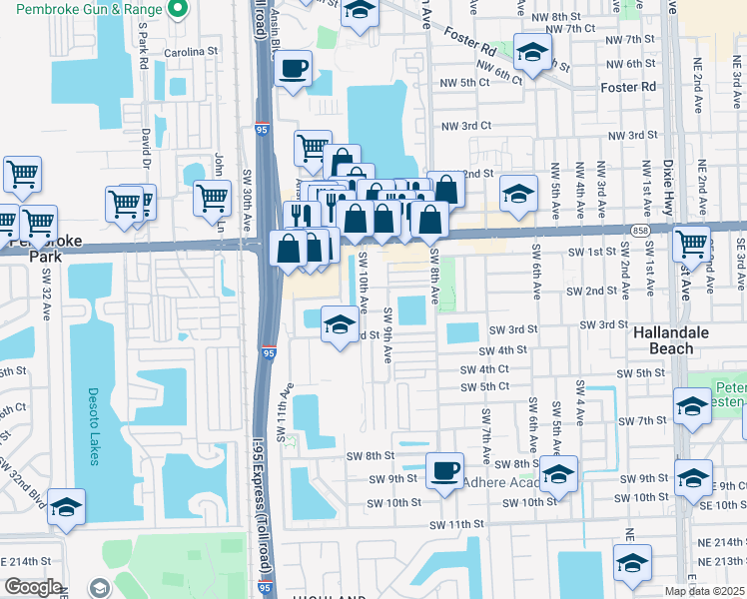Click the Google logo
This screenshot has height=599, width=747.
(33, 587)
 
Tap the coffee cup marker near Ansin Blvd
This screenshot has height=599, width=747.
(293, 69)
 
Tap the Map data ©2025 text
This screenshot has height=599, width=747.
(705, 591)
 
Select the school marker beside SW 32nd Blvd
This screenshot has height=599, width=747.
(67, 506)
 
